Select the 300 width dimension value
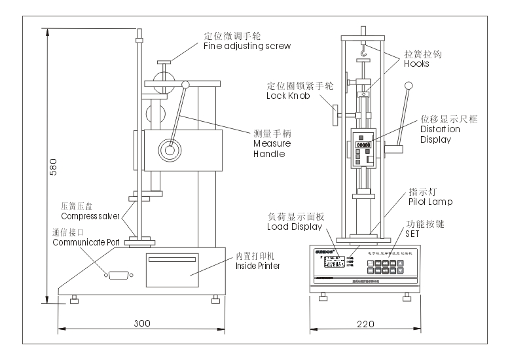[x=143, y=323]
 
